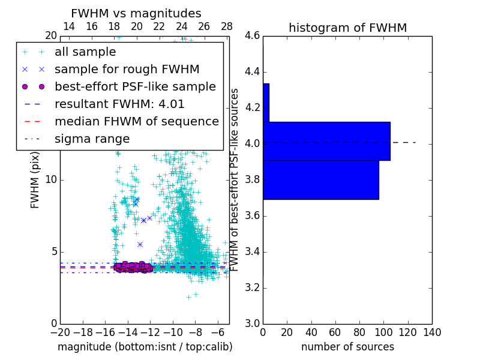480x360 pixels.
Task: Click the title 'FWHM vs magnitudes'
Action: pyautogui.click(x=136, y=14)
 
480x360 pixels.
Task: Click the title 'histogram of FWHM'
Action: pyautogui.click(x=347, y=28)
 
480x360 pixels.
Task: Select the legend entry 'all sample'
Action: pyautogui.click(x=85, y=52)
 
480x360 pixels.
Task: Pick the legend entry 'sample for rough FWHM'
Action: pyautogui.click(x=127, y=70)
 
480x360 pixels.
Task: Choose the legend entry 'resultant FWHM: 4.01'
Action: pyautogui.click(x=119, y=104)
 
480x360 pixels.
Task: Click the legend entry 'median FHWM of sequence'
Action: pyautogui.click(x=136, y=122)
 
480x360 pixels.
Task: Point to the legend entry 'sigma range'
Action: pyautogui.click(x=92, y=139)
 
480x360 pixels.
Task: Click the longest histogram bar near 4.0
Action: pyautogui.click(x=326, y=141)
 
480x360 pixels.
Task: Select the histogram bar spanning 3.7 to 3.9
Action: pyautogui.click(x=320, y=179)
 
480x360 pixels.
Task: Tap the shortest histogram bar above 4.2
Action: pyautogui.click(x=266, y=103)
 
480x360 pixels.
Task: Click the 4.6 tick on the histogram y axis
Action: pyautogui.click(x=252, y=36)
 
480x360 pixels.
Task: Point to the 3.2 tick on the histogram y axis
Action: pyautogui.click(x=252, y=287)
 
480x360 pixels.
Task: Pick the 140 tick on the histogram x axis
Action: pyautogui.click(x=432, y=332)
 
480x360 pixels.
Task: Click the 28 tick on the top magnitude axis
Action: pyautogui.click(x=227, y=26)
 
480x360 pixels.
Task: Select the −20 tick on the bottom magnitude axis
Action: pyautogui.click(x=60, y=332)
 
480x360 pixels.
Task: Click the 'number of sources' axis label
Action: pyautogui.click(x=347, y=347)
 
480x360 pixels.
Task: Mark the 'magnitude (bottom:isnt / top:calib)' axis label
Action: pyautogui.click(x=145, y=347)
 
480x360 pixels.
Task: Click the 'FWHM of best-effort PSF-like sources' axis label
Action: pyautogui.click(x=235, y=180)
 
